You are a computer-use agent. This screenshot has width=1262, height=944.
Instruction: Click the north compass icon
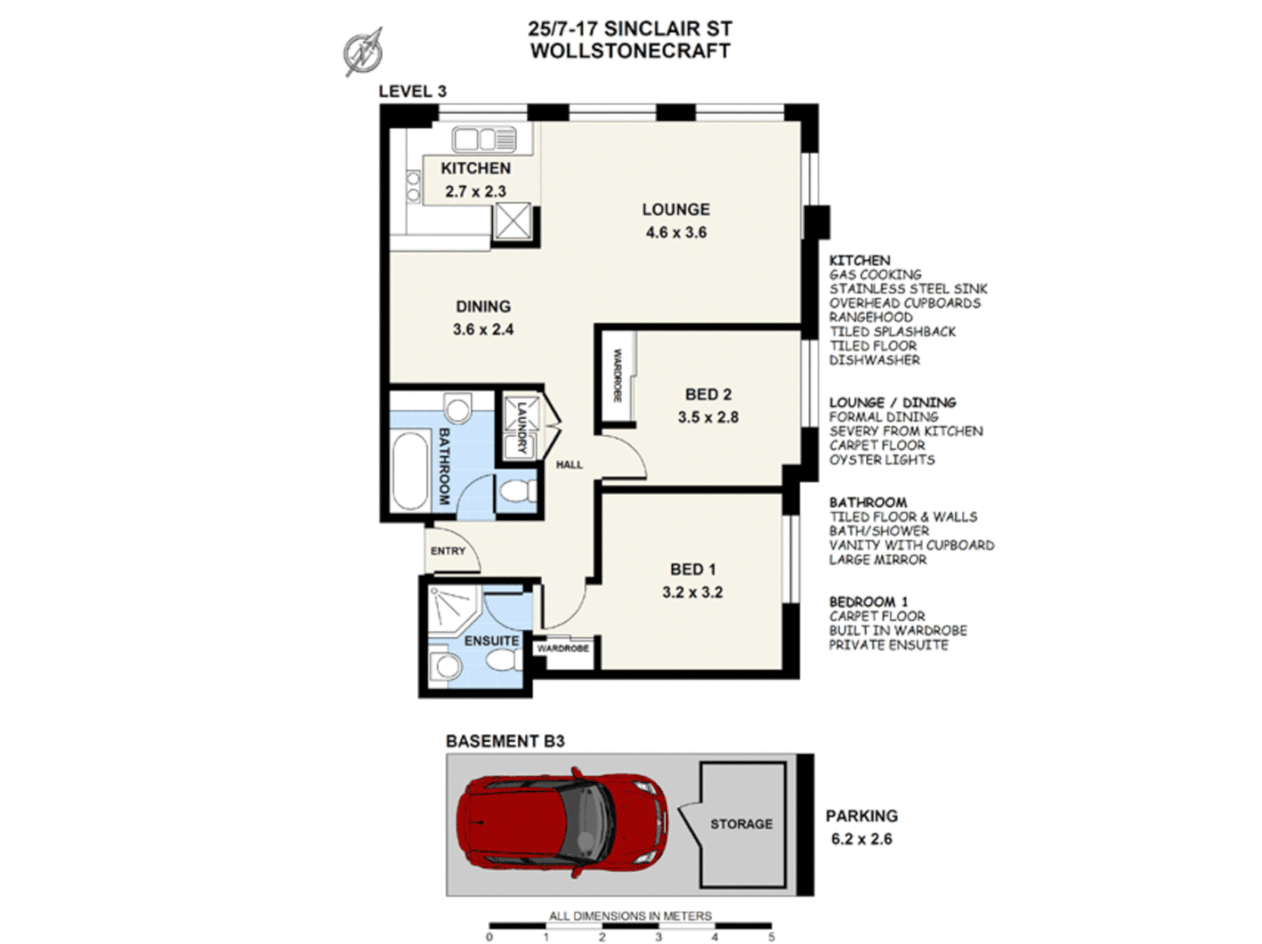click(363, 51)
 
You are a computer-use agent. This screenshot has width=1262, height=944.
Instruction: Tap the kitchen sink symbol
click(484, 139)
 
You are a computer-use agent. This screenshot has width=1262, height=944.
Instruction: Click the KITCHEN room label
click(475, 168)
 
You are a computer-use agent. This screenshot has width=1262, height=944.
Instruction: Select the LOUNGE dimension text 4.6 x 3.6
click(676, 233)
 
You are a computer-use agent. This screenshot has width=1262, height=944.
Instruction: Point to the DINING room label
click(482, 307)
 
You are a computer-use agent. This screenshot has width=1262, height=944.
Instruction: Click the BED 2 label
click(708, 394)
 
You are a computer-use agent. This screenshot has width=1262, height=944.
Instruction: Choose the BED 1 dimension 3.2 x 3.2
click(692, 593)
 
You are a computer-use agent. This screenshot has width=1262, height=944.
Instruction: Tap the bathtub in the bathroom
click(408, 472)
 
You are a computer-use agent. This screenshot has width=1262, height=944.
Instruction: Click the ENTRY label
click(447, 551)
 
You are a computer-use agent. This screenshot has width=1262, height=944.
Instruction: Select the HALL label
click(569, 465)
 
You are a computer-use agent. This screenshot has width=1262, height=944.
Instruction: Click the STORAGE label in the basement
click(741, 824)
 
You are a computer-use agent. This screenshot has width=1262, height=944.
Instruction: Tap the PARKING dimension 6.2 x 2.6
click(861, 839)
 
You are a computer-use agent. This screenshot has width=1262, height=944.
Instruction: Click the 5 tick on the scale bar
click(771, 937)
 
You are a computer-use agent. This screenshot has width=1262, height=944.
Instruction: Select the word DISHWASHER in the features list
click(874, 360)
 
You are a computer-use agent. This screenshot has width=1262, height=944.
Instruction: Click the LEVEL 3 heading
click(413, 91)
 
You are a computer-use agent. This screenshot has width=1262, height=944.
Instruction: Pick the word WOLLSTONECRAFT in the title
click(630, 51)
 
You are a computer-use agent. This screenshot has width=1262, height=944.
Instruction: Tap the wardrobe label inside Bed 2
click(617, 376)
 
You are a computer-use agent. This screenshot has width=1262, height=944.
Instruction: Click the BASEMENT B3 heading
click(505, 741)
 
